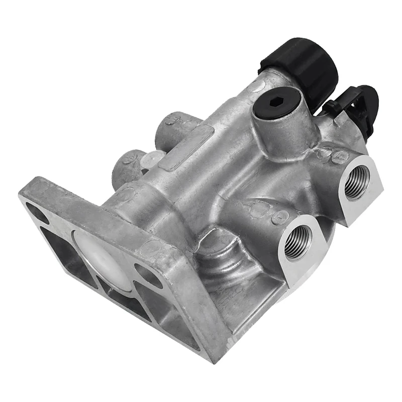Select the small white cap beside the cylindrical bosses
point(151,160)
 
